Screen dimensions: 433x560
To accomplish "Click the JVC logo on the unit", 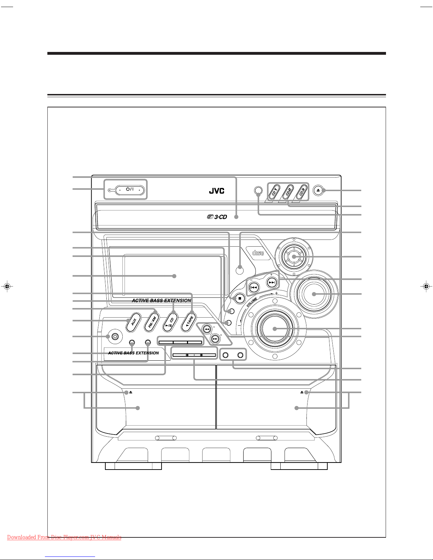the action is pyautogui.click(x=216, y=191).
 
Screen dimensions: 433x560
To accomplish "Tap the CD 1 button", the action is pyautogui.click(x=275, y=191).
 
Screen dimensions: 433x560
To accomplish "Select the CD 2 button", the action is pyautogui.click(x=288, y=191).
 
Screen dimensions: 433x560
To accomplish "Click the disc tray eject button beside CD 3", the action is pyautogui.click(x=318, y=190).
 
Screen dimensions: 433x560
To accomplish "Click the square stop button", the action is pyautogui.click(x=239, y=299).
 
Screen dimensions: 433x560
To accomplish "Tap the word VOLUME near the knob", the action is pyautogui.click(x=252, y=302).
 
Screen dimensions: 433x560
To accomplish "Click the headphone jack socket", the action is pyautogui.click(x=115, y=337).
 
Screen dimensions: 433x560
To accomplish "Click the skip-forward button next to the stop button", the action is pyautogui.click(x=272, y=283).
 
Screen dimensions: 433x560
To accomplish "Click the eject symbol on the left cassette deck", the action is pyautogui.click(x=131, y=392).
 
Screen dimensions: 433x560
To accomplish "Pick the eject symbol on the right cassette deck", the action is pyautogui.click(x=302, y=392).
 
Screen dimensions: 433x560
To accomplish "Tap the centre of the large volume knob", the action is pyautogui.click(x=275, y=329).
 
